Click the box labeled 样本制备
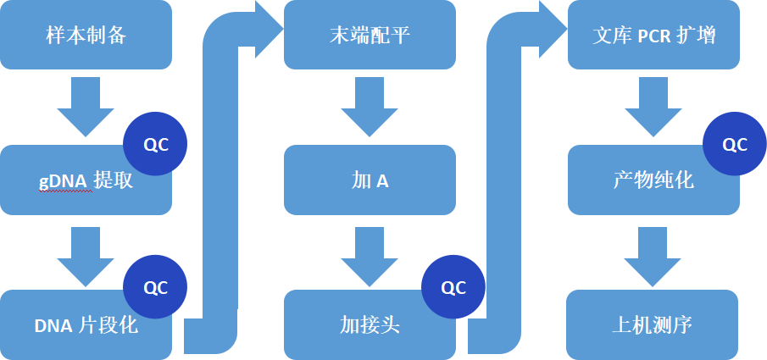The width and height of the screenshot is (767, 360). (86, 36)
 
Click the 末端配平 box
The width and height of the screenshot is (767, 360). (369, 36)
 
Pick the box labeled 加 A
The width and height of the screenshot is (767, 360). (369, 180)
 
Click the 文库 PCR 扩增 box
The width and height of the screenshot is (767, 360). (653, 36)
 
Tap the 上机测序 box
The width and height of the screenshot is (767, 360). (653, 324)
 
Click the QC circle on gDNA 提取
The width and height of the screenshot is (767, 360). (155, 143)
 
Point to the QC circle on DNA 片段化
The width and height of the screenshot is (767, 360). (155, 287)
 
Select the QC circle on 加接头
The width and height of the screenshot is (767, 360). (453, 287)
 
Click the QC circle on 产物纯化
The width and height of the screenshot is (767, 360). (735, 144)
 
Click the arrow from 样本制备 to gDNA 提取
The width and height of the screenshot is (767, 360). (86, 106)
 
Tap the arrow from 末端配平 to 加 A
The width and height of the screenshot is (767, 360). (369, 106)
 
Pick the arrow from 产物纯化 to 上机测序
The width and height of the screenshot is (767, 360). (653, 251)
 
